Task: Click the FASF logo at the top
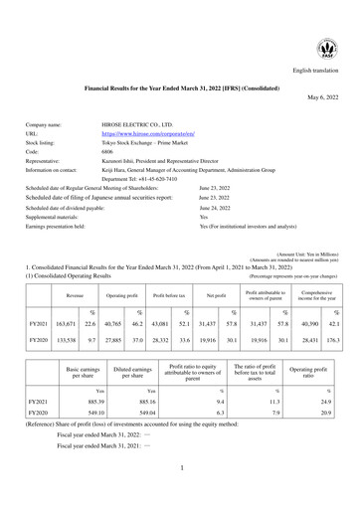[x=324, y=47]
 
